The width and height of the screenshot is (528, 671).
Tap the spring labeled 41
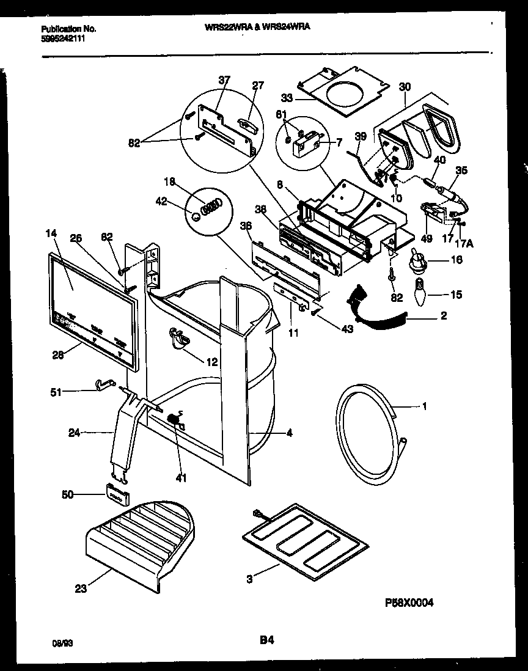pyautogui.click(x=174, y=420)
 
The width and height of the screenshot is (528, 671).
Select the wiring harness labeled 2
pyautogui.click(x=379, y=309)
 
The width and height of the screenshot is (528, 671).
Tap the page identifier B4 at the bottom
pyautogui.click(x=266, y=641)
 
